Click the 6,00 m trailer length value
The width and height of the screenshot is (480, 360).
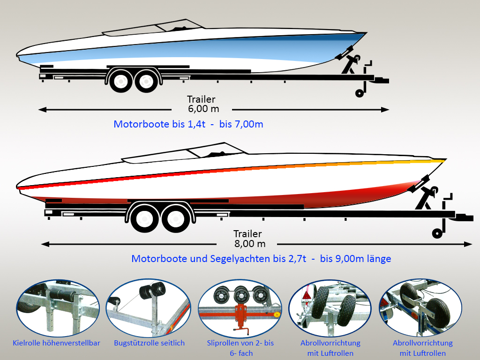pyautogui.click(x=203, y=109)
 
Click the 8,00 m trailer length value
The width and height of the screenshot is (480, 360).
pyautogui.click(x=250, y=244)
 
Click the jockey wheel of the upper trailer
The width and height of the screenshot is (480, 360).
pyautogui.click(x=360, y=93)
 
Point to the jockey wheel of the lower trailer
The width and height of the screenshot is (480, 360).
pyautogui.click(x=437, y=233)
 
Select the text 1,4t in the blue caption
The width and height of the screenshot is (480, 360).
pyautogui.click(x=196, y=124)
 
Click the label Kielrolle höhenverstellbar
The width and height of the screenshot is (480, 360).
pyautogui.click(x=56, y=343)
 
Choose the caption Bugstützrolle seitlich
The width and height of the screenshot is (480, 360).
pyautogui.click(x=150, y=343)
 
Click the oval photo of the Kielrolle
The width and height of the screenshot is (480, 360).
pyautogui.click(x=58, y=307)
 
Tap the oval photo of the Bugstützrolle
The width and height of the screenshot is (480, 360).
pyautogui.click(x=149, y=307)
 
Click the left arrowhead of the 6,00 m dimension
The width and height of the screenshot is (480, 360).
pyautogui.click(x=42, y=109)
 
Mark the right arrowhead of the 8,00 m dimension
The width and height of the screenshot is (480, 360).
pyautogui.click(x=468, y=244)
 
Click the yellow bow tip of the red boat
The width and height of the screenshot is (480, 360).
pyautogui.click(x=439, y=160)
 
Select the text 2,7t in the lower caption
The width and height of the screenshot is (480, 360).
pyautogui.click(x=297, y=259)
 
